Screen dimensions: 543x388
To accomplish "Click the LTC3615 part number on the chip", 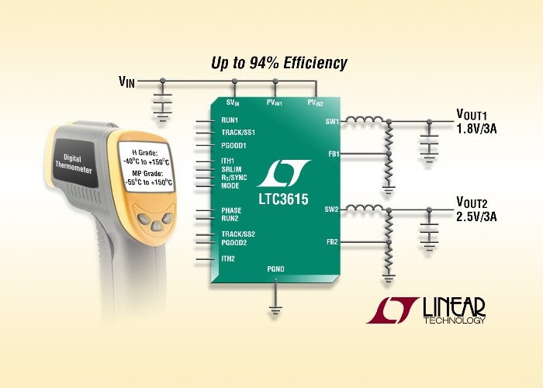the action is (283, 199).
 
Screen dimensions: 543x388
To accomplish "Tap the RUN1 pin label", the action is (230, 120).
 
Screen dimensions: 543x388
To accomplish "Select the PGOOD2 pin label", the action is (234, 242).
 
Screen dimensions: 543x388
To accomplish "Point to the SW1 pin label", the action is (332, 122).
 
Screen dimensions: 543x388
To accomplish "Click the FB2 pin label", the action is (332, 242).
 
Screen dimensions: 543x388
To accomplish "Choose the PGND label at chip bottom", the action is (275, 268).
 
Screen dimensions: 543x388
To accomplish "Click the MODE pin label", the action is (230, 185).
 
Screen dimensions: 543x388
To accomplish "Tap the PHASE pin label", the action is (231, 210).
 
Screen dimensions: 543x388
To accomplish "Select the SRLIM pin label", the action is (231, 169).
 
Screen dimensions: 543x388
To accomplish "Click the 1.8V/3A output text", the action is (476, 130).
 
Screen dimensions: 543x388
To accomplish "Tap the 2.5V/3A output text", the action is (476, 217).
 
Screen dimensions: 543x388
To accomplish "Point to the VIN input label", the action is (126, 81).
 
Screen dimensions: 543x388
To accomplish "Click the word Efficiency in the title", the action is (315, 64).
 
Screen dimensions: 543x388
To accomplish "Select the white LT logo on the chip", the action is (284, 173).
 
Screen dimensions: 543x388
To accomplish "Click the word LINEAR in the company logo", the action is (454, 307).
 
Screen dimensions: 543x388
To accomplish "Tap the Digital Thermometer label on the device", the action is (74, 164).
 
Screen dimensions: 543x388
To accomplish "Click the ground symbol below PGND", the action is (275, 310).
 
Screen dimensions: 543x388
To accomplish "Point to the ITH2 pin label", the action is (228, 258).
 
